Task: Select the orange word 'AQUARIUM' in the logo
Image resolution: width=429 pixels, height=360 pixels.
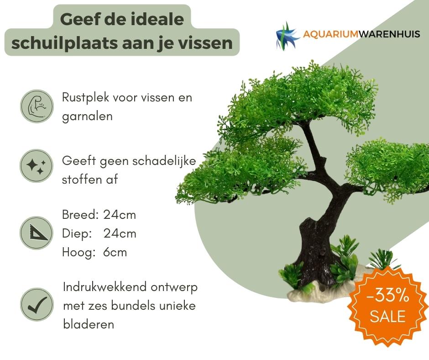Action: click(x=330, y=34)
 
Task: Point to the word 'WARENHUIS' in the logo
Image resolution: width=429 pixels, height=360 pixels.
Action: click(x=389, y=34)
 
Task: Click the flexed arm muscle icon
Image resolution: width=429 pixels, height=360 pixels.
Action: click(x=37, y=106)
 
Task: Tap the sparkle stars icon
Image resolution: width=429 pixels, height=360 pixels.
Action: click(x=36, y=166)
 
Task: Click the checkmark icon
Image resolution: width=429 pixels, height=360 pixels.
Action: click(x=37, y=304)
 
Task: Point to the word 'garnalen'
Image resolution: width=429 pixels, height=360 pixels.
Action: click(x=87, y=116)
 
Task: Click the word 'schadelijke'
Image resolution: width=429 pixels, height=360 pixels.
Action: click(x=164, y=160)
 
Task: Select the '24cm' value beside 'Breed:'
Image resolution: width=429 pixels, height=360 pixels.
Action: click(x=120, y=215)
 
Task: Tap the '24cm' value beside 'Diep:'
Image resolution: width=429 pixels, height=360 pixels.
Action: click(x=120, y=234)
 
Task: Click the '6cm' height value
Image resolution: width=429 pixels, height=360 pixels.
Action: click(x=115, y=252)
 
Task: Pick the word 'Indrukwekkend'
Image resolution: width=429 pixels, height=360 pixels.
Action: click(x=105, y=287)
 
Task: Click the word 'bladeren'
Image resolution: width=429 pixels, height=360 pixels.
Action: click(x=89, y=324)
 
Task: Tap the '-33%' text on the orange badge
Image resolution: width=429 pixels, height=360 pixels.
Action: click(x=388, y=296)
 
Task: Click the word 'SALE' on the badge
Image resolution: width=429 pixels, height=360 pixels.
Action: click(x=387, y=317)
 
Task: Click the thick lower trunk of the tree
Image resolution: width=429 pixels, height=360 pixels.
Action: click(x=314, y=255)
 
